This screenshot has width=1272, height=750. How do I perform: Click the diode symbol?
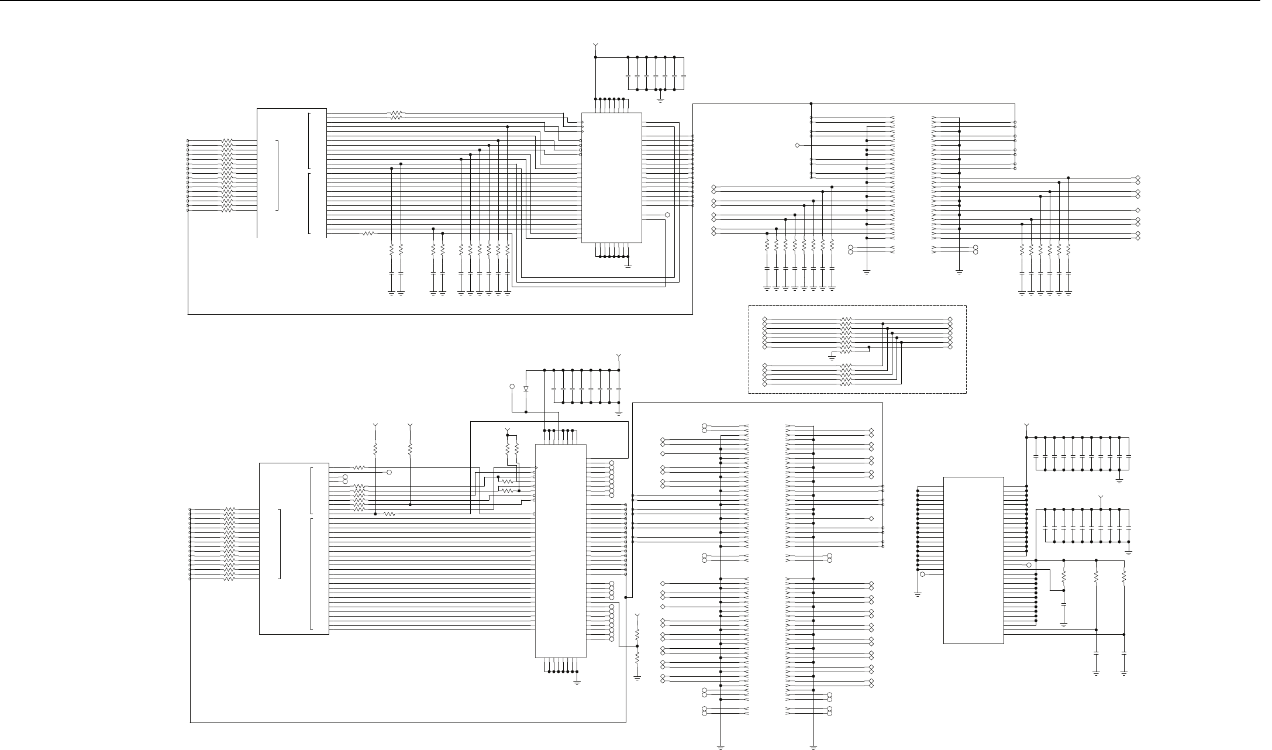[x=526, y=388]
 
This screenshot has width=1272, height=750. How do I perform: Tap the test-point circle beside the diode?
[x=512, y=386]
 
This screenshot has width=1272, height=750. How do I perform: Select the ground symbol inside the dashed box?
[x=832, y=356]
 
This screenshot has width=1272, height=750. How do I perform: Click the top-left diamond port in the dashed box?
[x=765, y=319]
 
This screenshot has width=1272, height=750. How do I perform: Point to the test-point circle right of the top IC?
[x=667, y=215]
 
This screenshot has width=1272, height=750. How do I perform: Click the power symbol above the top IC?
[x=595, y=45]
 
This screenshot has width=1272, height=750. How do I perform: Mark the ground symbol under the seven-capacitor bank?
[x=660, y=99]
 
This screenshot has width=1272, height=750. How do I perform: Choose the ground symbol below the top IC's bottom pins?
[x=628, y=265]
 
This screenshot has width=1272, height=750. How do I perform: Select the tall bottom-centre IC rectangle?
[x=561, y=550]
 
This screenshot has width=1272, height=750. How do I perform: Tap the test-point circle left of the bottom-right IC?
[x=922, y=574]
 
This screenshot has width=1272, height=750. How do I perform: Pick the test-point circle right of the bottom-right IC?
[x=1029, y=565]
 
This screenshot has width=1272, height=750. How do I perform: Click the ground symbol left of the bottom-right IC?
[x=918, y=594]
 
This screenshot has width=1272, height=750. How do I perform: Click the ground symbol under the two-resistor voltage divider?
[x=637, y=677]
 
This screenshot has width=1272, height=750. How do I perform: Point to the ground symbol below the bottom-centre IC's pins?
[x=577, y=682]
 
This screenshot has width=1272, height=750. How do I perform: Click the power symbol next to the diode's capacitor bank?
[x=619, y=356]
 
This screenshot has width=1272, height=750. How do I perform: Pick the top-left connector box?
[x=291, y=173]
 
